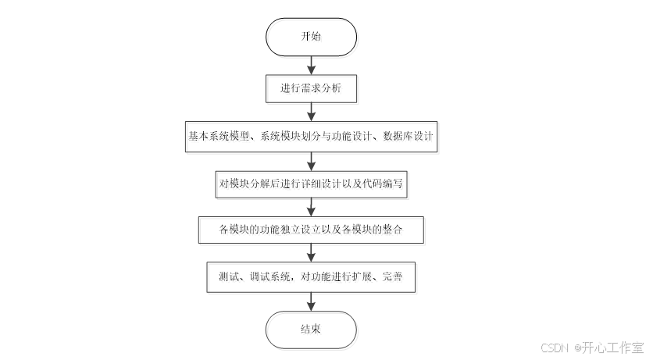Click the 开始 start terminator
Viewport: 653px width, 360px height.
tap(311, 37)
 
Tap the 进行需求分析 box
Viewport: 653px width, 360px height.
tap(311, 88)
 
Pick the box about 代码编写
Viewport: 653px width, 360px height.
tap(311, 184)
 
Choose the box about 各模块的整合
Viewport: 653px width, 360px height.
tap(311, 230)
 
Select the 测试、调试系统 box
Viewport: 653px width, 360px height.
tap(311, 277)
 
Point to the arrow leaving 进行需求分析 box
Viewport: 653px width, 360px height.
tap(311, 111)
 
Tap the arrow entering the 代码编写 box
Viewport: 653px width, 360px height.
tap(311, 160)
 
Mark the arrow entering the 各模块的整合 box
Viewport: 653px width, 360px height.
tap(311, 207)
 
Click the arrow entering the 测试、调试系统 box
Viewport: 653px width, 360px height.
tap(311, 254)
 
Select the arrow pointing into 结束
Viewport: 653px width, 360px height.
tap(311, 302)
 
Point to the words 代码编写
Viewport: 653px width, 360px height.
tap(382, 184)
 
